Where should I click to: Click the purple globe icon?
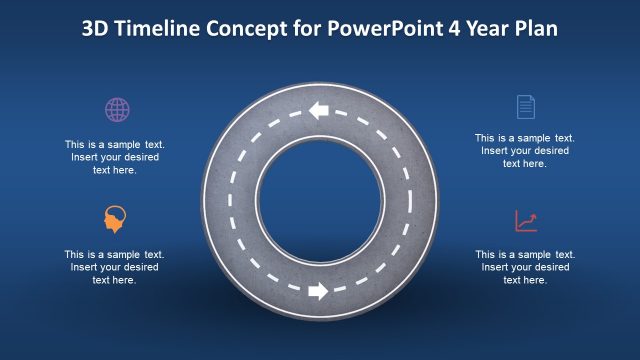pos(117,109)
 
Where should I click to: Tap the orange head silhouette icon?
pos(116,219)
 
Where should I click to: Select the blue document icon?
pos(525,107)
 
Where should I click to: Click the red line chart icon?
pos(526,221)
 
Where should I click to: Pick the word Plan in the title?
pos(536,28)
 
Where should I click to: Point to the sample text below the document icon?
pos(524,151)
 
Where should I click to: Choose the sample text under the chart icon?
pos(524,267)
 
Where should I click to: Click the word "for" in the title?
pos(307,28)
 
